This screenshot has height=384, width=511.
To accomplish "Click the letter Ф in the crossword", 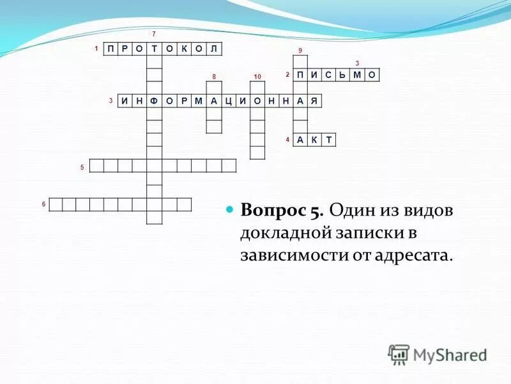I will (x=154, y=101).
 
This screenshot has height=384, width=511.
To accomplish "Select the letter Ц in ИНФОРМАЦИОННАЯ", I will (x=227, y=101).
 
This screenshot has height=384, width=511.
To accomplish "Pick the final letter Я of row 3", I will (x=314, y=101).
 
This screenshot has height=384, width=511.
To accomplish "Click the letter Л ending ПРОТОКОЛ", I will (x=214, y=49).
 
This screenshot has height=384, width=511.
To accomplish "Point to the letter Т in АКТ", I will (x=328, y=140).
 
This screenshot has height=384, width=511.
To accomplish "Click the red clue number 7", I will (x=153, y=33).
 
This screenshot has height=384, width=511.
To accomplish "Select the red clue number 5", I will (x=82, y=168).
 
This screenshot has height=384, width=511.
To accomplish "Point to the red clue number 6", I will (x=43, y=204).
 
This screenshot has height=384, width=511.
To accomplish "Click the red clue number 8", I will (x=214, y=77).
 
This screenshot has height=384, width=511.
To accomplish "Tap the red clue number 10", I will (x=257, y=77).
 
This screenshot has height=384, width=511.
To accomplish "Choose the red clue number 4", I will (x=287, y=140).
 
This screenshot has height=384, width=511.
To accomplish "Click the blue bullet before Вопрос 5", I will (x=231, y=211).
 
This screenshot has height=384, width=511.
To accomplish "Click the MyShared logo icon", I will (x=399, y=354).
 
